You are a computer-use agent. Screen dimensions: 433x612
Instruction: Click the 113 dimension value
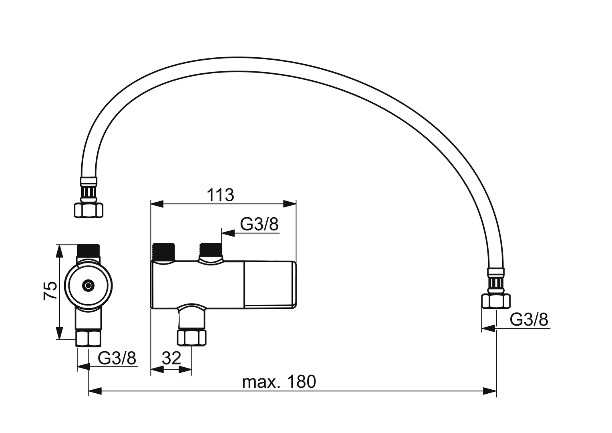pyautogui.click(x=220, y=195)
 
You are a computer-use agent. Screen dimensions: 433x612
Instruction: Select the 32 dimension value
pyautogui.click(x=171, y=358)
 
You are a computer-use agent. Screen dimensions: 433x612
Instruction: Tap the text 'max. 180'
pyautogui.click(x=279, y=382)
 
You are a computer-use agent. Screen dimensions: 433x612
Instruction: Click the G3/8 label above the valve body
pyautogui.click(x=259, y=225)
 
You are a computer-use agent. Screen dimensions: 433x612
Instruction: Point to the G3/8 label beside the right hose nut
pyautogui.click(x=529, y=320)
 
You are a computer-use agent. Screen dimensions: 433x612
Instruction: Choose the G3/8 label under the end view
pyautogui.click(x=117, y=358)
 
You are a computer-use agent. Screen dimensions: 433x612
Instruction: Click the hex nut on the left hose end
pyautogui.click(x=89, y=210)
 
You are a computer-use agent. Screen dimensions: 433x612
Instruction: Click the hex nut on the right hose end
pyautogui.click(x=496, y=301)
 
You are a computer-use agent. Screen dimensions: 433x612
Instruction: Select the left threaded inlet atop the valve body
pyautogui.click(x=164, y=252)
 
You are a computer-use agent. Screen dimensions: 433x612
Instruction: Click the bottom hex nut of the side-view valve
pyautogui.click(x=192, y=337)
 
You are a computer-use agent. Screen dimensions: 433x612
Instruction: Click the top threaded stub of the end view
pyautogui.click(x=89, y=251)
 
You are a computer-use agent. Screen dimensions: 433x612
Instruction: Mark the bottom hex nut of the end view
pyautogui.click(x=89, y=338)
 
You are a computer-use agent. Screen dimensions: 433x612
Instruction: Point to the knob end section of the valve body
pyautogui.click(x=270, y=285)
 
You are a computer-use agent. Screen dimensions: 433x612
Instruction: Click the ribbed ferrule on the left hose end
pyautogui.click(x=89, y=191)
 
